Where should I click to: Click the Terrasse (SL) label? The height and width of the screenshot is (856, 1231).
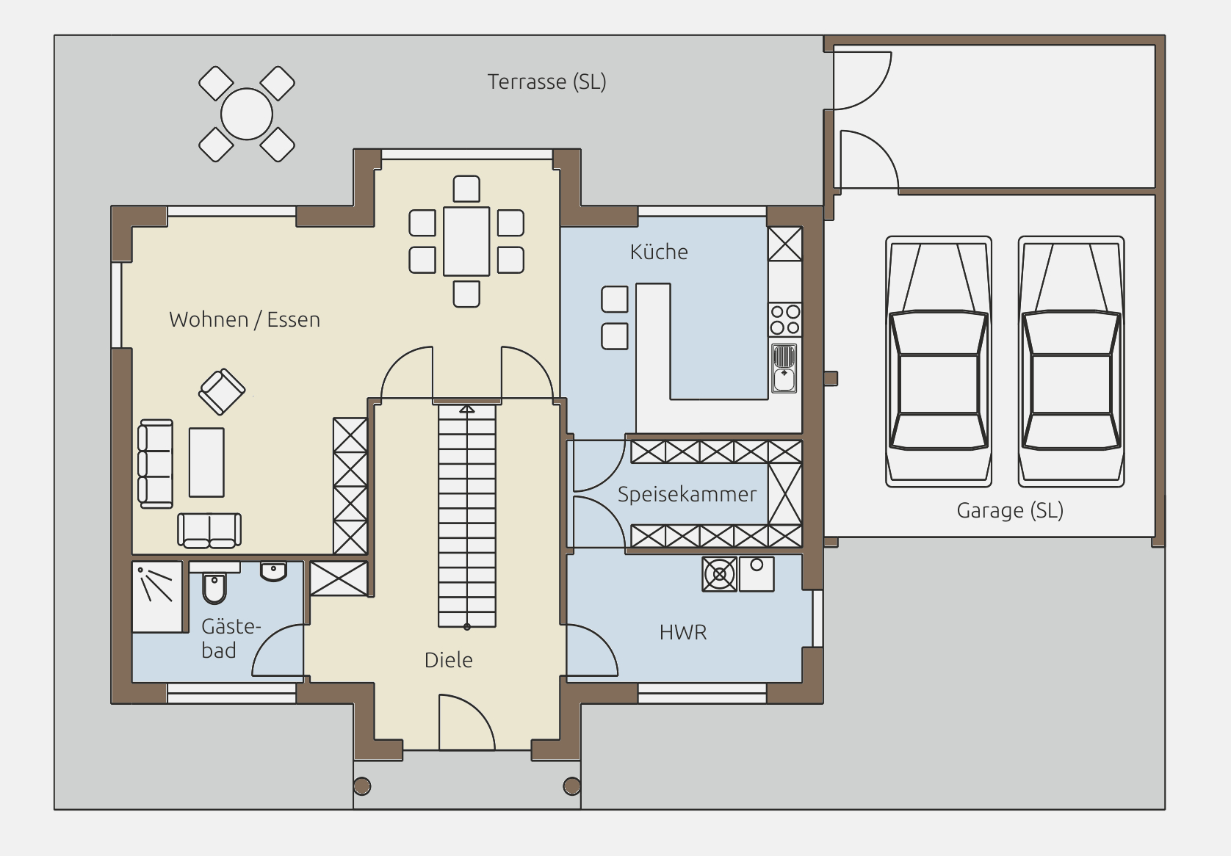coord(546,82)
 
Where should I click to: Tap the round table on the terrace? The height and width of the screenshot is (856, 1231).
coord(247,115)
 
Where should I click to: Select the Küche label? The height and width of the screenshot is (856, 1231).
coord(659,252)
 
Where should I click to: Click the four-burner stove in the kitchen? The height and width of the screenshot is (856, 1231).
coord(784,320)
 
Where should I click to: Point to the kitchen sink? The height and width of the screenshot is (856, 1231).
coord(784,368)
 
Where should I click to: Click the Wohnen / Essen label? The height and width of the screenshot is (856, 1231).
coord(245,319)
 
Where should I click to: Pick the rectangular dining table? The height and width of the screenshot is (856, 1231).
coord(466,242)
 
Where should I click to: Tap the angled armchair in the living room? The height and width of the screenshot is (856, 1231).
coord(222,392)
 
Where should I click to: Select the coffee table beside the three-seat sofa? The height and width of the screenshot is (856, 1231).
coord(206,463)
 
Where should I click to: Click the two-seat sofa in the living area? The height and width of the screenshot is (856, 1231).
coord(209,531)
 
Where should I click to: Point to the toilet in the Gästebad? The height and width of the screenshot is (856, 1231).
coord(214,589)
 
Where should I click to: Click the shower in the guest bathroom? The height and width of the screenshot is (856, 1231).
coord(157,597)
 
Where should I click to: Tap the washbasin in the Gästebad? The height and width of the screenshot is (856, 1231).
coord(274,571)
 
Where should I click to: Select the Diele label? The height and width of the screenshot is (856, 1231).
coord(449,660)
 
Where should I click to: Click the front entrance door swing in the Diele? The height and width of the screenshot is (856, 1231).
coord(467,722)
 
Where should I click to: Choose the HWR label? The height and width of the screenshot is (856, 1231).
coord(683,632)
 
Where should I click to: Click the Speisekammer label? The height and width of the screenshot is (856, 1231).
coord(687,494)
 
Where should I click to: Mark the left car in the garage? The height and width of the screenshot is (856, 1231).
coord(939,361)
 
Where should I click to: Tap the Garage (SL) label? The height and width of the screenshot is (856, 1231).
coord(1010,510)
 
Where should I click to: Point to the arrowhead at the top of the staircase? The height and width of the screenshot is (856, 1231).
coord(467,409)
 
